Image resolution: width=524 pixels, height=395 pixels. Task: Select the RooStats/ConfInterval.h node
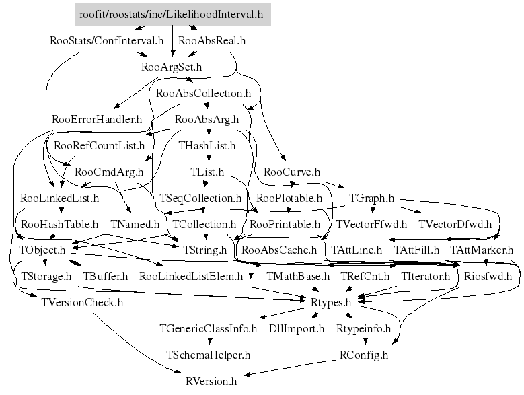[x=107, y=40]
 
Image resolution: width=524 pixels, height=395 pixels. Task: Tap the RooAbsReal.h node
[x=212, y=40]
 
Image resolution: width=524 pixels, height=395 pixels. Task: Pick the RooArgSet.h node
[x=172, y=67]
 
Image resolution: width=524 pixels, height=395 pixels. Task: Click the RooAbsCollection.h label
[x=203, y=94]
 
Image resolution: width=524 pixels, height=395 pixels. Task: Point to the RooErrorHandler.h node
[x=97, y=119]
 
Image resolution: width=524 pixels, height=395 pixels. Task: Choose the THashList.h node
[x=207, y=145]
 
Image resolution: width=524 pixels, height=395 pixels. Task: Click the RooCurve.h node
[x=292, y=172]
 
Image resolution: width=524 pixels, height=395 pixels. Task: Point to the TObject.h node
[x=42, y=250]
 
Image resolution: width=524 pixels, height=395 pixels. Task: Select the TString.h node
[x=205, y=250]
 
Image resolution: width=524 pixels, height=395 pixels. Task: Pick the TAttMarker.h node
[x=482, y=250]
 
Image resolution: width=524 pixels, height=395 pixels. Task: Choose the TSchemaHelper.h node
[x=209, y=354]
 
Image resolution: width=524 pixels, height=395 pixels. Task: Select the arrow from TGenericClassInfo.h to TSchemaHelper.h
[x=209, y=342]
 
